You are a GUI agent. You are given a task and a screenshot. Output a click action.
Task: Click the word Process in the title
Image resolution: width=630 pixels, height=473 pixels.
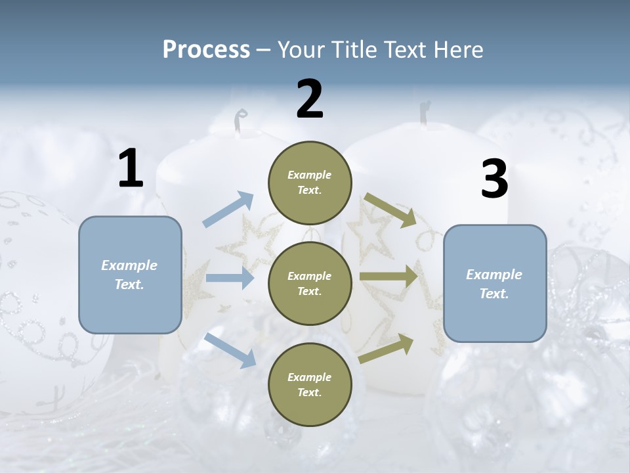(x=206, y=50)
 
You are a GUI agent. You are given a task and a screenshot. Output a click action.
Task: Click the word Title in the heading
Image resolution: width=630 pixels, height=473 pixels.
(x=354, y=50)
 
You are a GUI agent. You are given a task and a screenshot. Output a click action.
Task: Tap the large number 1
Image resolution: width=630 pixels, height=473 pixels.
(x=131, y=169)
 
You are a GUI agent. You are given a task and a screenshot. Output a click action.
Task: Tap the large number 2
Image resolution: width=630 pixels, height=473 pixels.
(x=310, y=99)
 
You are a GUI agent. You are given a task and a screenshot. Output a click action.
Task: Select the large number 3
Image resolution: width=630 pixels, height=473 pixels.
(x=494, y=179)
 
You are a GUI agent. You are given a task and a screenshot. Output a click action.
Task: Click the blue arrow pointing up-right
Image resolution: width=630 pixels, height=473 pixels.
(x=228, y=210)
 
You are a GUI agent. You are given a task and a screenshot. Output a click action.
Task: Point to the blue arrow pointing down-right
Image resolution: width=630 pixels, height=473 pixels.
(x=230, y=349)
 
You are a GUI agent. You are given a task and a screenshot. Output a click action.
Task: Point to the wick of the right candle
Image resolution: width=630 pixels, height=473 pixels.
(x=425, y=112)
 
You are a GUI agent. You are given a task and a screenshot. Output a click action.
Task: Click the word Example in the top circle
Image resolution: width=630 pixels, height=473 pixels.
(x=310, y=175)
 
